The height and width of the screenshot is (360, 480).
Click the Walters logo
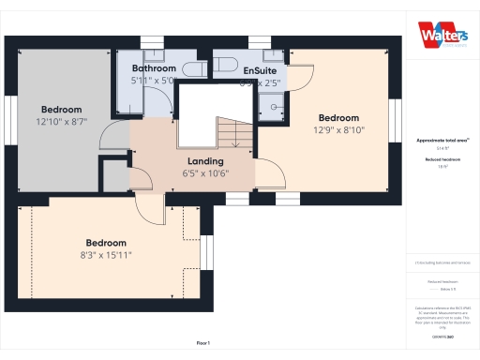(440, 31)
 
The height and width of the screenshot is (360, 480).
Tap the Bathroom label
(154, 69)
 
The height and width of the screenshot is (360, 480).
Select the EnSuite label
(259, 70)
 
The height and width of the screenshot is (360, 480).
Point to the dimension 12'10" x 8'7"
(62, 122)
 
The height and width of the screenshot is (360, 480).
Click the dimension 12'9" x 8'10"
(338, 130)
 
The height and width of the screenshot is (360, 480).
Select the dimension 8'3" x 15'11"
(106, 254)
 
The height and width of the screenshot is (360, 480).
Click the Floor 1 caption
(202, 343)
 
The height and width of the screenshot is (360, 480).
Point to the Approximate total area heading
(442, 140)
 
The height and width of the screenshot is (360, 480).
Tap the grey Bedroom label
(62, 110)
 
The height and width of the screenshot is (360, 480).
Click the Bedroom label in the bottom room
(106, 242)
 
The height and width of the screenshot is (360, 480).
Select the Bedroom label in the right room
(338, 118)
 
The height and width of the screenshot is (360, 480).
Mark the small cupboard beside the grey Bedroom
(115, 173)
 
